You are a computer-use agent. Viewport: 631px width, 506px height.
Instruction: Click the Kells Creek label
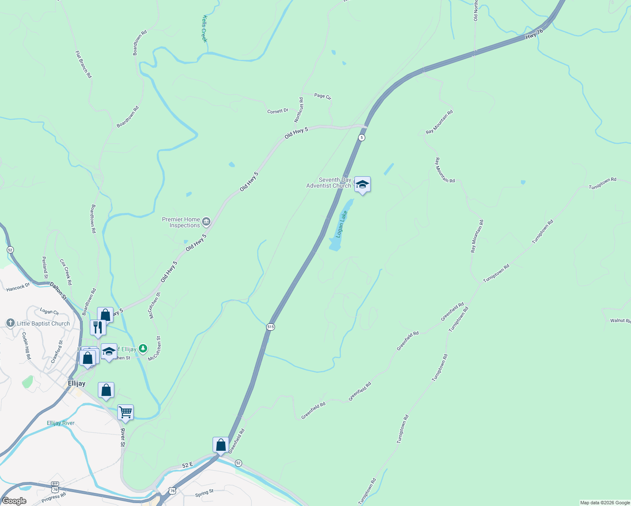(205, 29)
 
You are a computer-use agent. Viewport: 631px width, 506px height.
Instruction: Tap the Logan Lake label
(341, 224)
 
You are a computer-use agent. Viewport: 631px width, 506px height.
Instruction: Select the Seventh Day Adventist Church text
(329, 183)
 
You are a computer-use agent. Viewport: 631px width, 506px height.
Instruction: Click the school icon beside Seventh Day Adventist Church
(362, 184)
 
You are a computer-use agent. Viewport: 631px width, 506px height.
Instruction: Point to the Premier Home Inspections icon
(206, 221)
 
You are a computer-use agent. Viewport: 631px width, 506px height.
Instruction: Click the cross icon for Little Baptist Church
(11, 323)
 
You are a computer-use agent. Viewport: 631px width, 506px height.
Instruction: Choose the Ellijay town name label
(77, 383)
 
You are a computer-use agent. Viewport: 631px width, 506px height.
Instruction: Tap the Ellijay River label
(61, 423)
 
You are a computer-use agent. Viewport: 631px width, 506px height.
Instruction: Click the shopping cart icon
(125, 412)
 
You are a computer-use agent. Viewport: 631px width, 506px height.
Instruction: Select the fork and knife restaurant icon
(98, 327)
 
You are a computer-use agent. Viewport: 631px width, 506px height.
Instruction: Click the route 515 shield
(270, 327)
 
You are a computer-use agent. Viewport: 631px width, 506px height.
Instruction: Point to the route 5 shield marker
(361, 137)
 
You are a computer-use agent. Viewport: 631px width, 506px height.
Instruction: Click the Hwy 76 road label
(534, 34)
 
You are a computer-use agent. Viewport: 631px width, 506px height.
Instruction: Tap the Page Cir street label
(323, 96)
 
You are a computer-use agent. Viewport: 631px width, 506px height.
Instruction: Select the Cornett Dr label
(278, 111)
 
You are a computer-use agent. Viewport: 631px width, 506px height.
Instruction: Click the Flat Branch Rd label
(84, 65)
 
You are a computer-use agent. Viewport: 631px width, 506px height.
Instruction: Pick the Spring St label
(205, 493)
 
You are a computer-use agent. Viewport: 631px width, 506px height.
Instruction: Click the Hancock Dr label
(18, 288)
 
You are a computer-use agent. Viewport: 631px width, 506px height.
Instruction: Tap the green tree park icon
(143, 348)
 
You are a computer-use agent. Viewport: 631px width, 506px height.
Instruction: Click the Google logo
(14, 501)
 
